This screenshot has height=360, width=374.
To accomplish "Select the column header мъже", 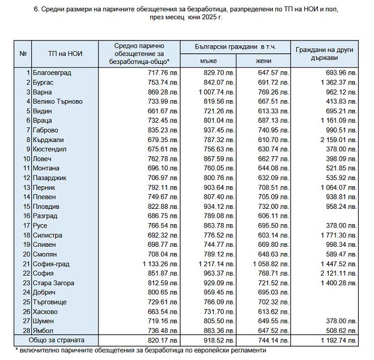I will pos(208,61).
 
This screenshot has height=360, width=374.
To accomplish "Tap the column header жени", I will pos(263,61).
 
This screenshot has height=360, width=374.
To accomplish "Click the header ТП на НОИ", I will pos(65,54).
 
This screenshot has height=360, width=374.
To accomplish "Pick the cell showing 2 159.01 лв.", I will pos(338,139).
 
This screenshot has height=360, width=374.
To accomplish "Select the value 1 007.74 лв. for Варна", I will pos(216,92).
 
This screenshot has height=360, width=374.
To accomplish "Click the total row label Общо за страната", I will pos(58,340).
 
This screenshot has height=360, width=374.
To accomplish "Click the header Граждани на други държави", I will pos(324,54).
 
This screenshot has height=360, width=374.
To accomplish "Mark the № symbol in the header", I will pos(23,54).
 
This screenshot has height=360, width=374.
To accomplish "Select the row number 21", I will pos(25,264).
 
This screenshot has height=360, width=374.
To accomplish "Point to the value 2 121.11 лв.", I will pos(338,273).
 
